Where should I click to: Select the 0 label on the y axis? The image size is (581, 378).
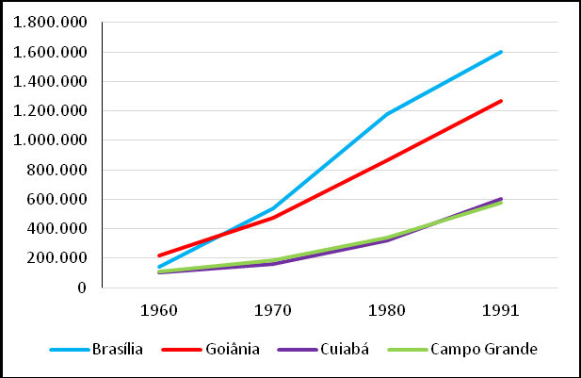click(x=83, y=288)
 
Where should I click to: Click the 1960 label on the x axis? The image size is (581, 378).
click(x=161, y=308)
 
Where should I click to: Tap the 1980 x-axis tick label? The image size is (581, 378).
click(x=387, y=308)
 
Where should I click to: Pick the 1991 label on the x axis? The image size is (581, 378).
click(x=500, y=308)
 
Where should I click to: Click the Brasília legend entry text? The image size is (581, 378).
click(x=118, y=350)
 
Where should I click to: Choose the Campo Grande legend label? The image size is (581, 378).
click(x=484, y=350)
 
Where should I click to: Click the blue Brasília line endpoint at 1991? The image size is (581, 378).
click(x=500, y=52)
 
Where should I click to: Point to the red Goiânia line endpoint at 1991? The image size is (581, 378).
click(x=500, y=101)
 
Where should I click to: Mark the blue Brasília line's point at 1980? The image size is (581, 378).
click(x=387, y=114)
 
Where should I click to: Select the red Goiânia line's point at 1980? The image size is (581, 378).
click(x=387, y=159)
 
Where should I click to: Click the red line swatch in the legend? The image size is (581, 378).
click(x=186, y=350)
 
